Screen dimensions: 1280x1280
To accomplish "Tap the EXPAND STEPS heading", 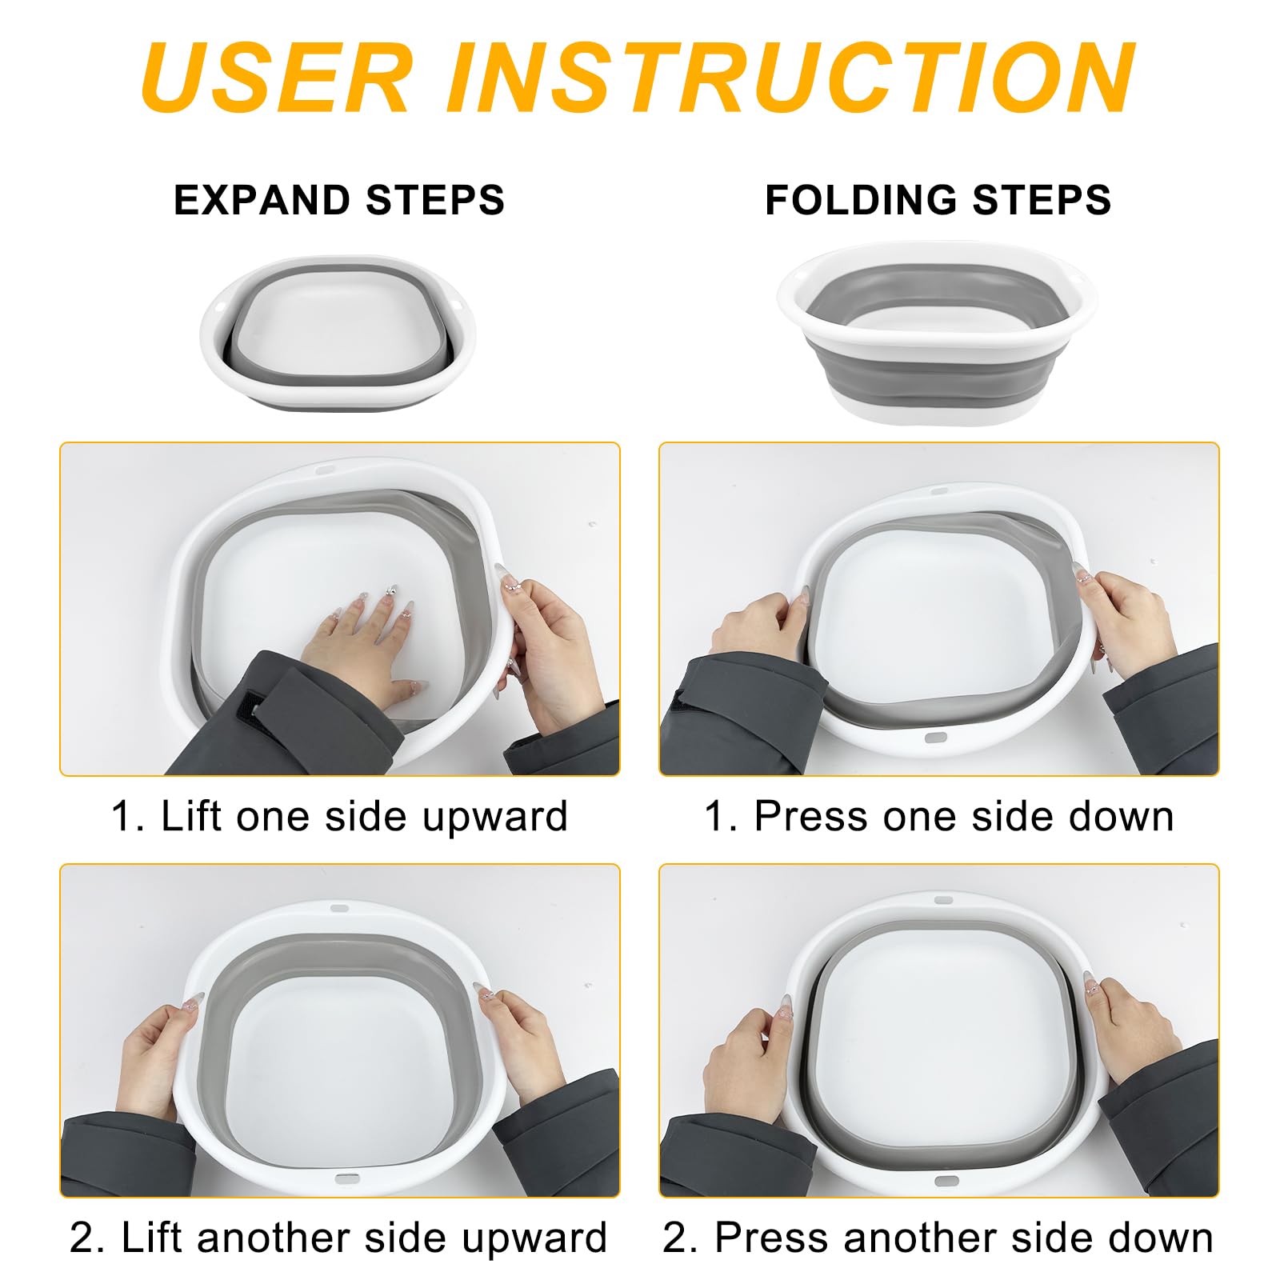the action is point(339,200).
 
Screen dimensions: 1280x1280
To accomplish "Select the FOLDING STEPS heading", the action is point(938,200).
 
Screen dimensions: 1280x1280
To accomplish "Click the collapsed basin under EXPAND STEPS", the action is point(338,333).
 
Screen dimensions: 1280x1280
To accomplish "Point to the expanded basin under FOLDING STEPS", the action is point(937,333).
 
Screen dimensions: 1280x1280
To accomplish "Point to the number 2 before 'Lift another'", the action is point(82,1238).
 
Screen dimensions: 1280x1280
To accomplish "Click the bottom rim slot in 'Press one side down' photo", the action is point(935,738).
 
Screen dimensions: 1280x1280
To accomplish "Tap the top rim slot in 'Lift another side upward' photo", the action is point(339,909).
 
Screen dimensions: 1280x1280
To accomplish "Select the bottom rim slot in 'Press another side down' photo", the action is point(946,1181).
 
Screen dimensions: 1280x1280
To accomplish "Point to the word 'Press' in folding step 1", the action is point(810,817).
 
